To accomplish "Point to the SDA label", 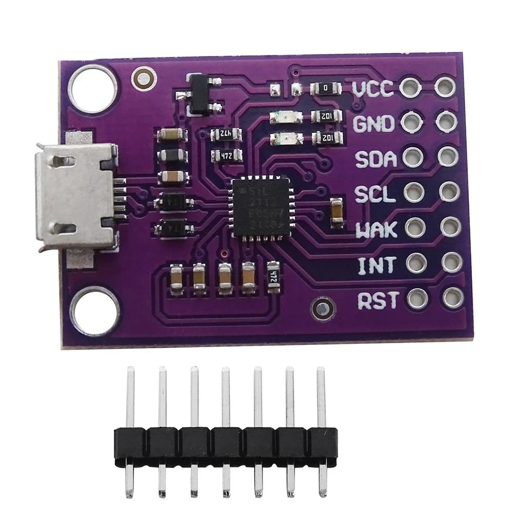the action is (377, 159).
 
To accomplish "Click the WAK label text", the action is (377, 229).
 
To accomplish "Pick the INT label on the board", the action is (377, 265).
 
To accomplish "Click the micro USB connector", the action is (75, 194).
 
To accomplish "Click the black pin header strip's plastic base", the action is (225, 444).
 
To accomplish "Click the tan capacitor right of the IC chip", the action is (337, 211).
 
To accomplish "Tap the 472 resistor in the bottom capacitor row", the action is (273, 278).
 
